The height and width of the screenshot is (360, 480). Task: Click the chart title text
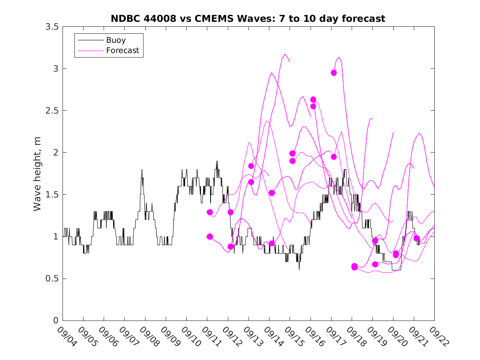click(x=248, y=19)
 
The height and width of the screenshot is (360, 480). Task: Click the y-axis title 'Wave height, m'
click(x=37, y=174)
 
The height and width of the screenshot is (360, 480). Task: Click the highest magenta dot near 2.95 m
click(x=334, y=73)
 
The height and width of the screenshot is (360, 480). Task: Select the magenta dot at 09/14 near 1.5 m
click(x=272, y=193)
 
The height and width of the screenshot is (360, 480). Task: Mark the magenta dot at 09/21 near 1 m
click(x=416, y=238)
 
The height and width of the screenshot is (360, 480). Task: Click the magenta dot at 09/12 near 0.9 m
click(x=231, y=246)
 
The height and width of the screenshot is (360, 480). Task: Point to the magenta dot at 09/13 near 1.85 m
click(x=251, y=166)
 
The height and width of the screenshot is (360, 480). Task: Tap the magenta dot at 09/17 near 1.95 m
click(x=334, y=157)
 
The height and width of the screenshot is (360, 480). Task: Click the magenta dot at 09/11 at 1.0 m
click(x=210, y=237)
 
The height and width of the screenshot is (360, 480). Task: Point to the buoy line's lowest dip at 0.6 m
click(x=299, y=270)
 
